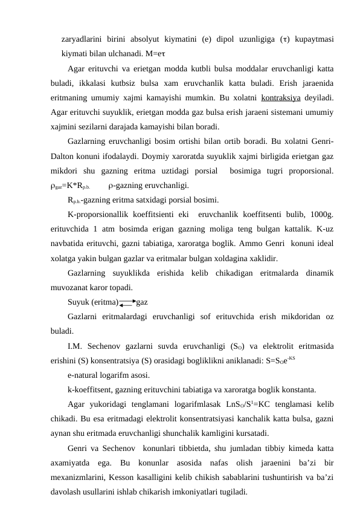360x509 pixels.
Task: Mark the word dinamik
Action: point(317,273)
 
